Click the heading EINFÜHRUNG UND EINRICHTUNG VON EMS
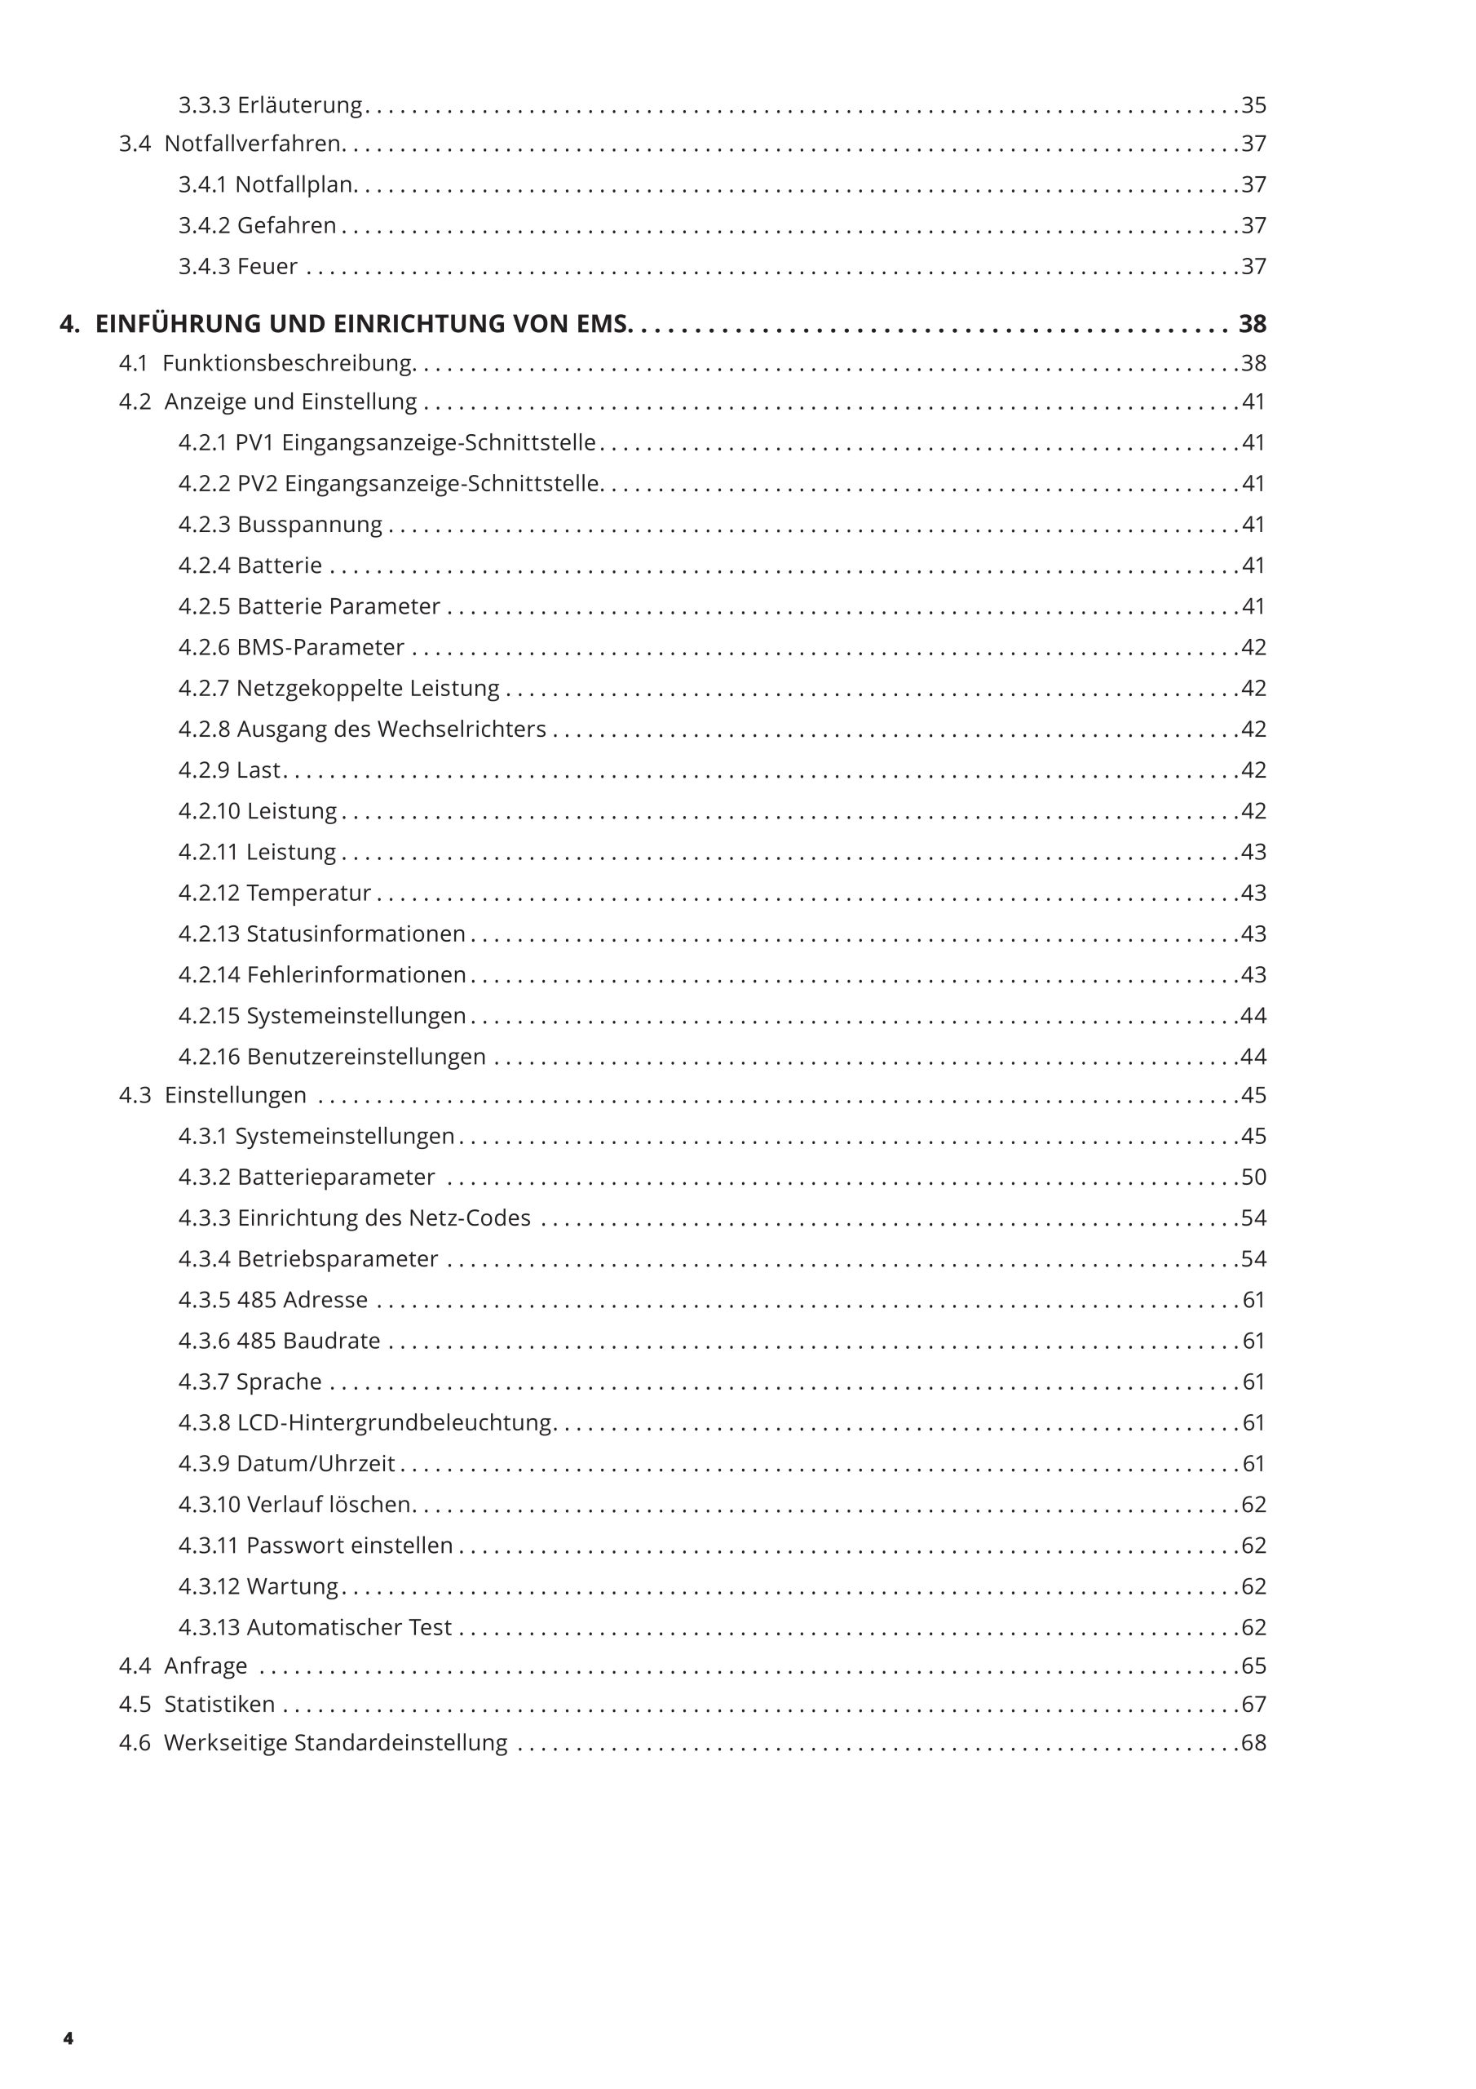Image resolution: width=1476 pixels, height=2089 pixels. click(x=362, y=324)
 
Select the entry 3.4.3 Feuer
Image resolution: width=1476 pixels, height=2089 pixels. click(x=237, y=267)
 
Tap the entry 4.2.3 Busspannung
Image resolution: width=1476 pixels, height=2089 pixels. click(x=280, y=525)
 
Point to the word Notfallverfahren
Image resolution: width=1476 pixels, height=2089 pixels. click(x=252, y=144)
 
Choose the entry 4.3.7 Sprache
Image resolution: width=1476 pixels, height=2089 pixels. click(x=250, y=1382)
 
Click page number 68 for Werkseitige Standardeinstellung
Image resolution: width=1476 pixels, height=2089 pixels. click(x=1253, y=1742)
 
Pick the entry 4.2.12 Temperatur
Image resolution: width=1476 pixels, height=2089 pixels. click(x=275, y=893)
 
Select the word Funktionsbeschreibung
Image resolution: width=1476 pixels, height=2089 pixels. click(x=287, y=363)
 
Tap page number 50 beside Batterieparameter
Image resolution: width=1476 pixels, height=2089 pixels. click(x=1253, y=1177)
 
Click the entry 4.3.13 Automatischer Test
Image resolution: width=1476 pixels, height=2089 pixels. click(x=315, y=1627)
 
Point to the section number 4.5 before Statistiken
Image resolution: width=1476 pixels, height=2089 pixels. click(x=135, y=1704)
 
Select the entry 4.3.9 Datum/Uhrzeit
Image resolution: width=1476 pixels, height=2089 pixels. click(x=286, y=1463)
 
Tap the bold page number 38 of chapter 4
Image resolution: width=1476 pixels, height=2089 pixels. click(x=1253, y=324)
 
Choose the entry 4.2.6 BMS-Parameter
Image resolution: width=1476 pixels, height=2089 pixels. click(x=291, y=647)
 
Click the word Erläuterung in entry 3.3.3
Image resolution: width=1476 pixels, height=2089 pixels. click(x=299, y=105)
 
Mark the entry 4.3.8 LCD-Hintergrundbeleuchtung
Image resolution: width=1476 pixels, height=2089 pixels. click(x=365, y=1422)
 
